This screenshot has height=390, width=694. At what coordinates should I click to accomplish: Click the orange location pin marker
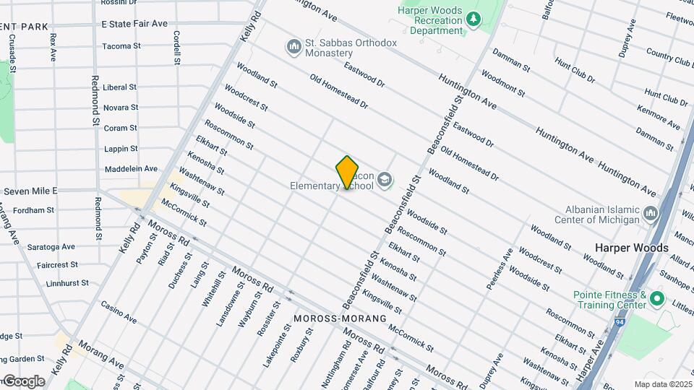(x=347, y=172)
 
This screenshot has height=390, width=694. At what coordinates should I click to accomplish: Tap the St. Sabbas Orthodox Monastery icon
(x=294, y=48)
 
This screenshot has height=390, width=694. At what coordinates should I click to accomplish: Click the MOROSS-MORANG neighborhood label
(x=340, y=318)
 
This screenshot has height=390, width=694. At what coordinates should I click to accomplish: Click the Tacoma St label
(x=121, y=46)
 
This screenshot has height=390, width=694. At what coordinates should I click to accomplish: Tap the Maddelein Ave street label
(x=131, y=169)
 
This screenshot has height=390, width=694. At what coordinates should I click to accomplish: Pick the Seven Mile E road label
(x=31, y=191)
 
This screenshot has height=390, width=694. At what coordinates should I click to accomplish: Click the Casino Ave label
(x=119, y=313)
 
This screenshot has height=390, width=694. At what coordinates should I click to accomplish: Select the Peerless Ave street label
(x=500, y=269)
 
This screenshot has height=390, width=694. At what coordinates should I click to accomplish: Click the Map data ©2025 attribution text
(x=662, y=383)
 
